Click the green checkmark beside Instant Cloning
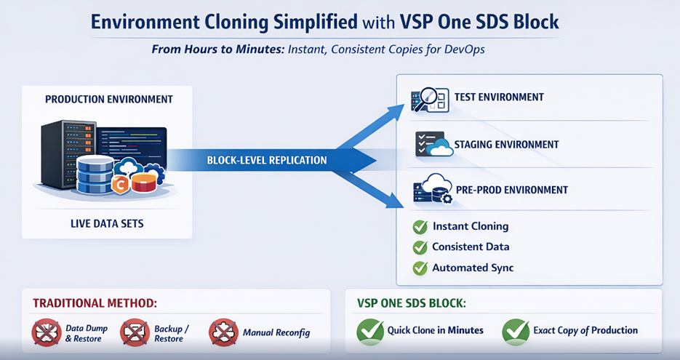click(x=420, y=227)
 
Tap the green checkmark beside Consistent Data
click(x=420, y=247)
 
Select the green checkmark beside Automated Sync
click(x=420, y=268)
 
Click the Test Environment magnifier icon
click(x=429, y=100)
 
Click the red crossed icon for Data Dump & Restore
click(x=46, y=333)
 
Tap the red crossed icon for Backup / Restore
click(x=135, y=333)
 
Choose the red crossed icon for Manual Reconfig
click(x=223, y=333)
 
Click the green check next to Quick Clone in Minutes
click(x=370, y=331)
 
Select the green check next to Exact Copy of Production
click(x=516, y=331)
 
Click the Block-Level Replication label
click(x=267, y=160)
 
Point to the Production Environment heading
click(x=109, y=99)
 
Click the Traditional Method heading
click(x=95, y=302)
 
